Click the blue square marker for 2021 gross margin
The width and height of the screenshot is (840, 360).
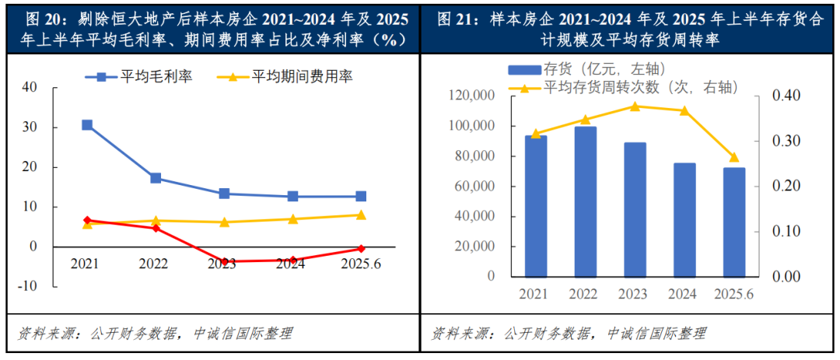click(87, 125)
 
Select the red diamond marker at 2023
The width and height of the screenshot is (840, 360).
click(224, 261)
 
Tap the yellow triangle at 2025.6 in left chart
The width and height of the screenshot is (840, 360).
click(360, 215)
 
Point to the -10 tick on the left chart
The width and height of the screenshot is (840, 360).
click(28, 285)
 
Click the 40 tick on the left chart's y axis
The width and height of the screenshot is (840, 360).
click(30, 87)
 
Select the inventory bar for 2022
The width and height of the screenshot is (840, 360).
click(585, 201)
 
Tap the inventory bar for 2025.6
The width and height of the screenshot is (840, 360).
click(734, 222)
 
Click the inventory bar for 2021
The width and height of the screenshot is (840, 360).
click(535, 205)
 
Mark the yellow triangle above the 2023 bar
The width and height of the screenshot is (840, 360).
click(635, 107)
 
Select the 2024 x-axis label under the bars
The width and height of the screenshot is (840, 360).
click(684, 293)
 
